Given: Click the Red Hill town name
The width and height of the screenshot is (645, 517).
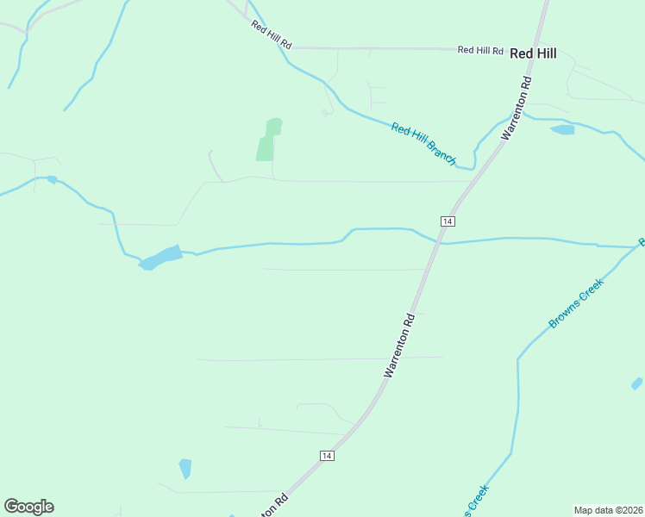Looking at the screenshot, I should tap(533, 53).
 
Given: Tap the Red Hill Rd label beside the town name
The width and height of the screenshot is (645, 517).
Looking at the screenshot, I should tap(480, 51).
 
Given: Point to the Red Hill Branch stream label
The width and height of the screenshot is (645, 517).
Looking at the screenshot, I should tap(423, 143).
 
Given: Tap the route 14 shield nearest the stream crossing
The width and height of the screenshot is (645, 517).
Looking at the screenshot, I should tap(447, 221).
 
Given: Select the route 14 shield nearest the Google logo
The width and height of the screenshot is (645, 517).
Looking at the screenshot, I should tap(325, 455).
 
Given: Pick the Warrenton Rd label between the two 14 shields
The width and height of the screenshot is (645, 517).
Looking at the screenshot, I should tap(400, 344).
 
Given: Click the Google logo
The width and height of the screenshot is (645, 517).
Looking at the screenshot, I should tap(28, 507).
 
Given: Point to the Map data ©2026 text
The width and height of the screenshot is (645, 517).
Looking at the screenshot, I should tap(609, 509).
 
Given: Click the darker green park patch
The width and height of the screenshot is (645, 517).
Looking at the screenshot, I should tap(269, 140).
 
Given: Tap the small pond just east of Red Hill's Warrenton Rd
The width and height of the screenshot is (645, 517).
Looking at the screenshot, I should tap(562, 130).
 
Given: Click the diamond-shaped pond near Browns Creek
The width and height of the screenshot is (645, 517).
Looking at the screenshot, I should tap(636, 383).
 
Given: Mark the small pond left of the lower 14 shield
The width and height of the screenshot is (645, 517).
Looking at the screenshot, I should tap(185, 468).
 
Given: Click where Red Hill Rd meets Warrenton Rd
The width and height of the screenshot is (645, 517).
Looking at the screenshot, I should tap(536, 49).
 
